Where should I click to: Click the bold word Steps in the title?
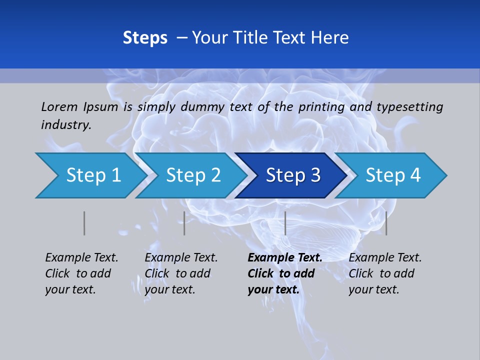tap(145, 38)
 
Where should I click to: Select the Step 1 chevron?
tap(90, 175)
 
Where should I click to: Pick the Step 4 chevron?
tap(392, 175)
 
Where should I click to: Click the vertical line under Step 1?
tap(84, 223)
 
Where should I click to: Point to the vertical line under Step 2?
tap(184, 223)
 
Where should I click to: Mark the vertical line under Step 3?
tap(285, 223)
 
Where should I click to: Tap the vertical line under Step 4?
tap(386, 223)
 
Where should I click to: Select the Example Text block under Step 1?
tap(81, 273)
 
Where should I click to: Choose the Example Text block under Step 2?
tap(181, 273)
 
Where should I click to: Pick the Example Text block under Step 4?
tap(385, 273)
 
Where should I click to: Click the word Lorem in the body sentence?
tap(59, 106)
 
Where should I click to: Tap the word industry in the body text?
tap(66, 125)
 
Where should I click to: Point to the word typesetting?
tap(409, 107)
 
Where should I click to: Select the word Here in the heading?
tap(330, 38)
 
